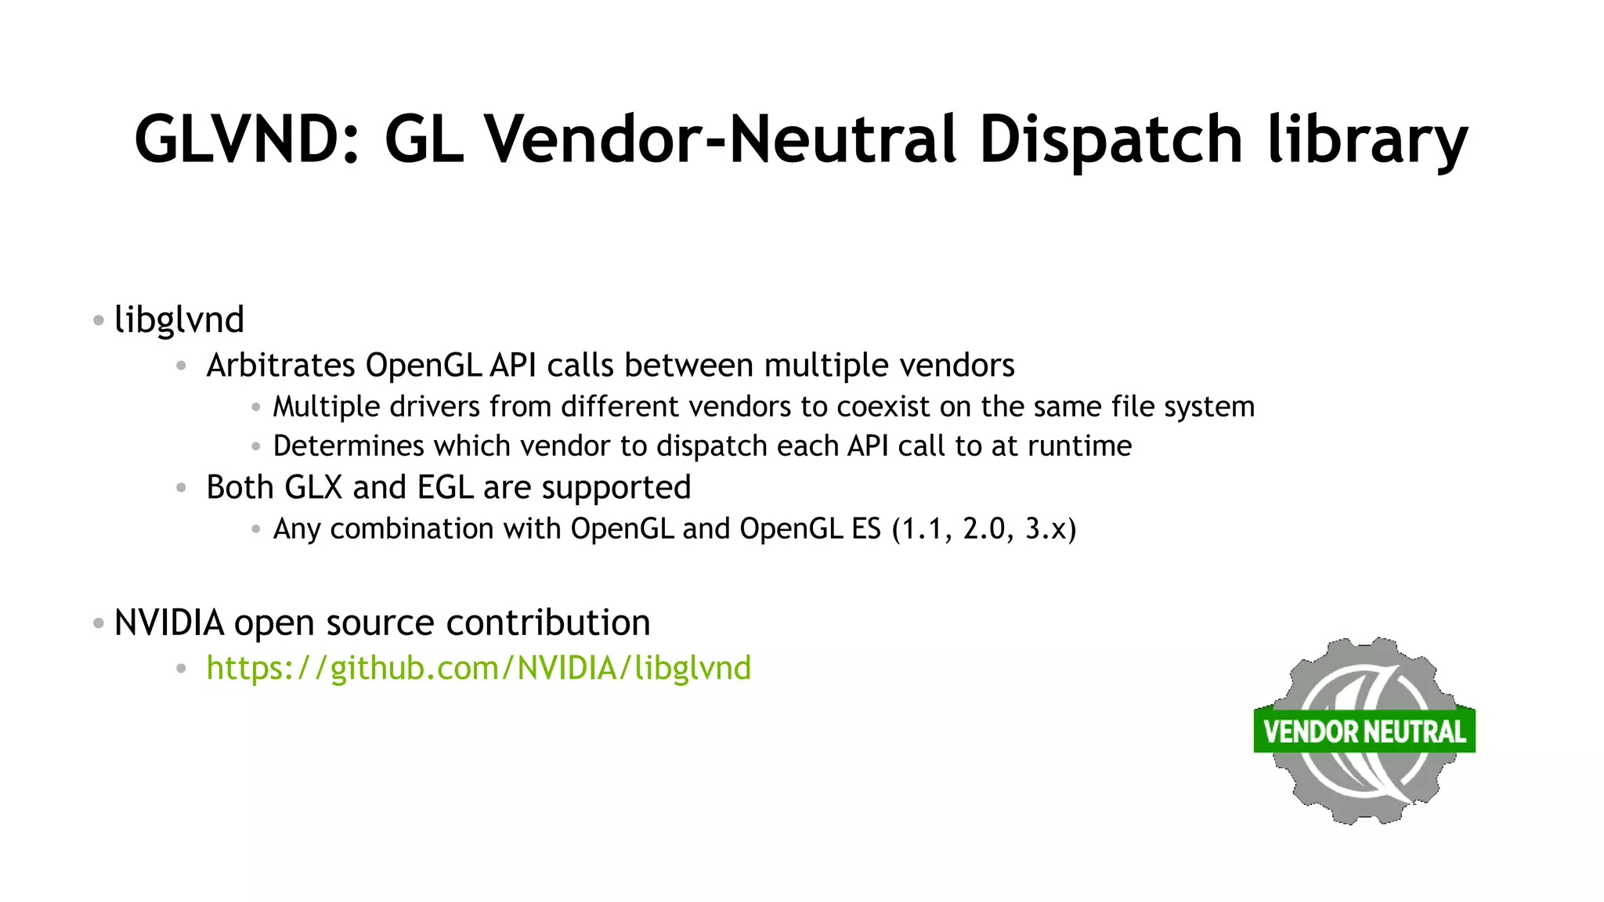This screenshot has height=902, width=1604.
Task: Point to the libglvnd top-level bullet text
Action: (x=179, y=320)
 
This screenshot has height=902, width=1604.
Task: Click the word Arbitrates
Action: (x=280, y=366)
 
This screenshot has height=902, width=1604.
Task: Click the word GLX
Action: (x=313, y=488)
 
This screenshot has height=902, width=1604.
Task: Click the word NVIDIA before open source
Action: (x=169, y=623)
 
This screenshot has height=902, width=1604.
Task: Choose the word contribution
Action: (x=548, y=623)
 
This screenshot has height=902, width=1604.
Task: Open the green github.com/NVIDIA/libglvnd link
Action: (x=479, y=669)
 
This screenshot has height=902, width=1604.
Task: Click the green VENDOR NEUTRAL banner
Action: (x=1364, y=731)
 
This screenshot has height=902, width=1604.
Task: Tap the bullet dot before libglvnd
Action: (x=98, y=320)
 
